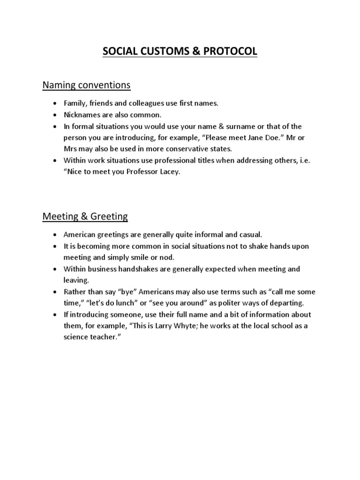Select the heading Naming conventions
tap(86, 85)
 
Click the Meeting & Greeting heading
tap(85, 216)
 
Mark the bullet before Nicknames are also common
tap(55, 115)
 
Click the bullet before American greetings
tap(55, 235)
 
